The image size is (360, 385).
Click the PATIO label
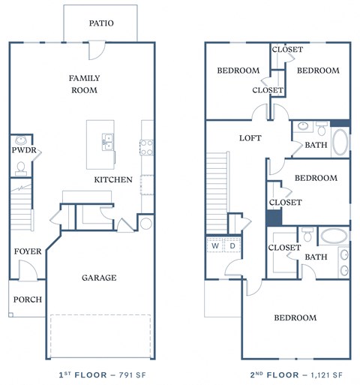100,23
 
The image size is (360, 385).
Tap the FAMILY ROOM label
84,84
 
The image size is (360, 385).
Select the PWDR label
21,150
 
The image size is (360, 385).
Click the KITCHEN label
113,180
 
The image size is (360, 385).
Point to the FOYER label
27,251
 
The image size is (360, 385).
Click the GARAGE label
99,278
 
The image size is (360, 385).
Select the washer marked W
214,245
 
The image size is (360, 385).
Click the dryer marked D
232,245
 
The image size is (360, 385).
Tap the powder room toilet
21,167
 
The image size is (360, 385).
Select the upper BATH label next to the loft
316,145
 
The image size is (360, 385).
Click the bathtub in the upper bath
339,140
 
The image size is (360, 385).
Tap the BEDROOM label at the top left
238,71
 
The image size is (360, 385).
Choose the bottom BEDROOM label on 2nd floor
295,318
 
